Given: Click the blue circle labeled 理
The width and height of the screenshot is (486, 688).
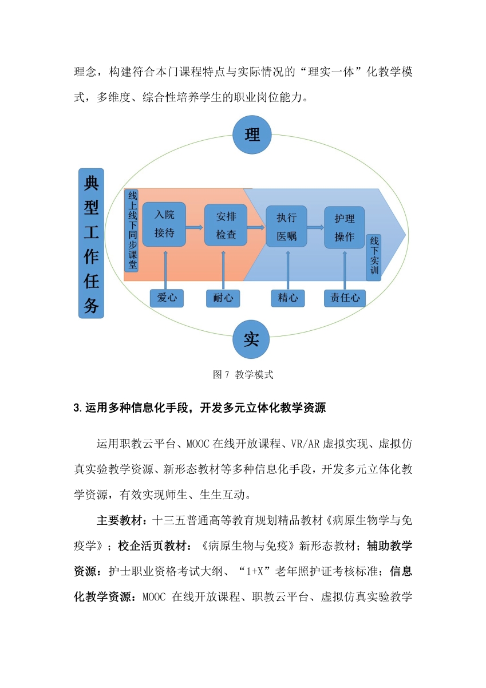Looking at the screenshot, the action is (252, 135).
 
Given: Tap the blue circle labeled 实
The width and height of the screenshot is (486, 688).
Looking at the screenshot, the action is (251, 339).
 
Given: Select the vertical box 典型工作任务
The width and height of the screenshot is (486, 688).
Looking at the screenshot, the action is (91, 243).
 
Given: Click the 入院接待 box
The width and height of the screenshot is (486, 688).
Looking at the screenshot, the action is (164, 224).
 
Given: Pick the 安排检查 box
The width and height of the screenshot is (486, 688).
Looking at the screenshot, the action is (226, 225).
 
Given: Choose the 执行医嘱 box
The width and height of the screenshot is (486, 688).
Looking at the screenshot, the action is (286, 226).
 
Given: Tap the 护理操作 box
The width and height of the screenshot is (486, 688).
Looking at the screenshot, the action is (345, 227).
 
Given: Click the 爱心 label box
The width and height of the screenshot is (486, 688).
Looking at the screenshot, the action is (167, 298).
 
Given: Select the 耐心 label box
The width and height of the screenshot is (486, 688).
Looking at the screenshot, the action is (223, 298).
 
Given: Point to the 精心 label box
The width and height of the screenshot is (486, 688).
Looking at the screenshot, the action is (288, 298).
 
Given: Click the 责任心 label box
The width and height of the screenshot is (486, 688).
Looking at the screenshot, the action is (345, 298).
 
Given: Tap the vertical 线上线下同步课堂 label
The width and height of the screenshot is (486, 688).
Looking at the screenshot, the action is (132, 230).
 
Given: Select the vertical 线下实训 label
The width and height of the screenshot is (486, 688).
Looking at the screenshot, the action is (374, 258).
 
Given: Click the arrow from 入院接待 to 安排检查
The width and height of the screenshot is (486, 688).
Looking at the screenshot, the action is (195, 227).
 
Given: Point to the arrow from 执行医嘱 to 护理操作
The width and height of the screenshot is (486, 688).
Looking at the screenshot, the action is (315, 227).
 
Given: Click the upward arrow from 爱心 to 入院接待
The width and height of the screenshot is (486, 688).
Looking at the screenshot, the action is (165, 270).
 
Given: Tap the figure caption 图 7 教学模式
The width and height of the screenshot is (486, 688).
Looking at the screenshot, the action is (243, 374).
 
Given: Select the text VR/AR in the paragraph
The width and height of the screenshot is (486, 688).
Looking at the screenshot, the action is (305, 444).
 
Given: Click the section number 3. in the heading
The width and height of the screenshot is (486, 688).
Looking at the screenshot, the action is (78, 408).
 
